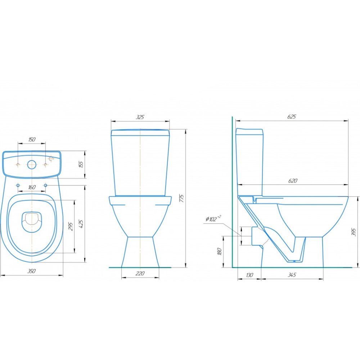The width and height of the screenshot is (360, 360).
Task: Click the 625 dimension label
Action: (292, 117)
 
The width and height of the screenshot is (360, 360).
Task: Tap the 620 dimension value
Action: (292, 181)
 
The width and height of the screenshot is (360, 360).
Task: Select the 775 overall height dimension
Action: (181, 198)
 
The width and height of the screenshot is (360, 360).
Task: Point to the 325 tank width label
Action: (140, 117)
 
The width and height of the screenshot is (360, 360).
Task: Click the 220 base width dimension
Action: (140, 273)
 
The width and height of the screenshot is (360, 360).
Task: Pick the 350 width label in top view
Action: (31, 271)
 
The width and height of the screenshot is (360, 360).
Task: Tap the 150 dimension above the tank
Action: (32, 139)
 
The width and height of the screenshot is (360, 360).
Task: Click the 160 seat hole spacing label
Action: (32, 187)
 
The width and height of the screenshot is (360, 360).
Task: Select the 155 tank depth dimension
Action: (81, 165)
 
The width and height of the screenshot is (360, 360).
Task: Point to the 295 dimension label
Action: (71, 226)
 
